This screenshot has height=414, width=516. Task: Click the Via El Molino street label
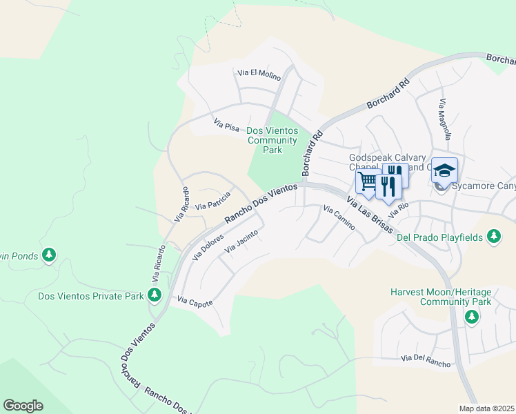pyautogui.click(x=259, y=75)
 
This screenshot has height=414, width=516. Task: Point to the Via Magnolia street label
pyautogui.click(x=444, y=119)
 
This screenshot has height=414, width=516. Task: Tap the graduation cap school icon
pyautogui.click(x=444, y=170)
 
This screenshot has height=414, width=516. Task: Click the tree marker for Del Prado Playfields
pyautogui.click(x=493, y=237)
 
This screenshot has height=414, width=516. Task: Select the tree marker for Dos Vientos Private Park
pyautogui.click(x=155, y=296)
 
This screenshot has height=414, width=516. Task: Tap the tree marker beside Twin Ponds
pyautogui.click(x=48, y=256)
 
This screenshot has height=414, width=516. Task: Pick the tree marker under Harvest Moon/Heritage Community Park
pyautogui.click(x=471, y=317)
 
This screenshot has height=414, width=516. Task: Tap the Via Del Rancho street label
pyautogui.click(x=426, y=360)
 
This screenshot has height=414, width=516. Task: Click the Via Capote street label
pyautogui.click(x=195, y=302)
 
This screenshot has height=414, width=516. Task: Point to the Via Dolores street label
pyautogui.click(x=208, y=246)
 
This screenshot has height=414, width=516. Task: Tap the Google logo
pyautogui.click(x=23, y=406)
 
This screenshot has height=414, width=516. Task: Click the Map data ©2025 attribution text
pyautogui.click(x=486, y=408)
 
